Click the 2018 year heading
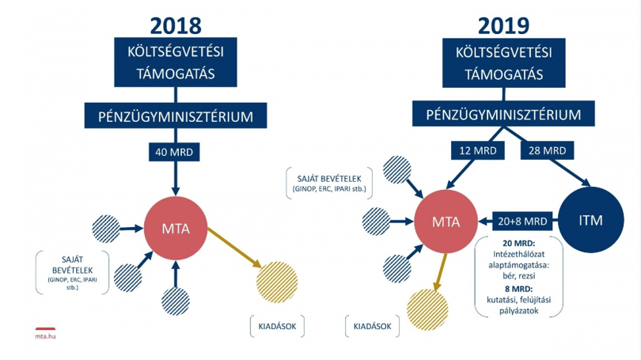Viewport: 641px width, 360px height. coord(176,26)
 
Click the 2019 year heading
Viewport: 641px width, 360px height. coord(503,26)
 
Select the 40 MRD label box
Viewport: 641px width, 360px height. coord(174,152)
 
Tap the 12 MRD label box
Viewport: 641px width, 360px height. coord(478,150)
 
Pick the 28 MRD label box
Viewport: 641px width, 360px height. coord(548,150)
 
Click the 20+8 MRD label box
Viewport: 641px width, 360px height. coord(522,221)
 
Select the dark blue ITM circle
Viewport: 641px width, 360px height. coord(591,220)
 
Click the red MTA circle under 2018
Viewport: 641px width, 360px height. coord(176,228)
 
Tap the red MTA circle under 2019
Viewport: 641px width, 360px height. coord(446,222)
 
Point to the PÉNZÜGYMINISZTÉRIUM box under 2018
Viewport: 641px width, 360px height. coord(176,116)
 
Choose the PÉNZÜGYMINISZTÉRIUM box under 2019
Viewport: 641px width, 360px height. coord(503,114)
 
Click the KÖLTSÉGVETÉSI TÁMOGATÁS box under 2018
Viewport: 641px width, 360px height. coord(176,63)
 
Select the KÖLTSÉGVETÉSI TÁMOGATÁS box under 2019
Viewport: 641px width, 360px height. coord(504,63)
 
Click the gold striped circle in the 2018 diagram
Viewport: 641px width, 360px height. coord(277,282)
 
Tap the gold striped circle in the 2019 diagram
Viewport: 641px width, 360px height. coord(427,309)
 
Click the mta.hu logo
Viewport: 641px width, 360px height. coord(45,333)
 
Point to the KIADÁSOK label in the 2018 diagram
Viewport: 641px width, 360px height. coord(277,326)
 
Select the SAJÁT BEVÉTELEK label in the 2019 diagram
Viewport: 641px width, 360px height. coord(329,179)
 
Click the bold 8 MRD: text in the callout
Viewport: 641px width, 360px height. coord(518,289)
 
